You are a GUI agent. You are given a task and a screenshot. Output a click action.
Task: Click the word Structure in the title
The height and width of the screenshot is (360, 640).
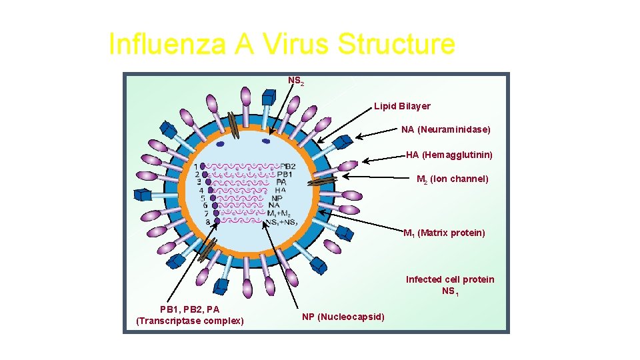coord(397,45)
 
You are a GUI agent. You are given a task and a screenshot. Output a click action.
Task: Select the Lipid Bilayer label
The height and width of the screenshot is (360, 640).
coord(402,106)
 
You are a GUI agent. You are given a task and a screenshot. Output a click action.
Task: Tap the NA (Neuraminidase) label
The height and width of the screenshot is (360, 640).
coord(445,129)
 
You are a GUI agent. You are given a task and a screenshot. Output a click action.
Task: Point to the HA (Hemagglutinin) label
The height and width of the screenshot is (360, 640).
coord(449,155)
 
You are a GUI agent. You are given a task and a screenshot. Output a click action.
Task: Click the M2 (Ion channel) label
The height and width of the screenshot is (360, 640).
coord(452,179)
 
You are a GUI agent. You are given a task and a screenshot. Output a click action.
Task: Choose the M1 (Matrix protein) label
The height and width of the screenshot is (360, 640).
coord(444,233)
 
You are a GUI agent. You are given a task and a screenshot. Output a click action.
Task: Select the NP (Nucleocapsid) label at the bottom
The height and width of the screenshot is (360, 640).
coord(343,316)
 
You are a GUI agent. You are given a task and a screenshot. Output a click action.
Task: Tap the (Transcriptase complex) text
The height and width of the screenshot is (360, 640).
coord(189,321)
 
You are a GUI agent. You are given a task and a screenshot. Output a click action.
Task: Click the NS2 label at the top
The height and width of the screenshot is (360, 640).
coord(295,81)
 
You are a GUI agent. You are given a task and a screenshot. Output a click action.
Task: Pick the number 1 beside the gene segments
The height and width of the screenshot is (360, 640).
coord(196,167)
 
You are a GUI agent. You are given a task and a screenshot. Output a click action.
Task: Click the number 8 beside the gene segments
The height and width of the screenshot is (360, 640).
coord(208,221)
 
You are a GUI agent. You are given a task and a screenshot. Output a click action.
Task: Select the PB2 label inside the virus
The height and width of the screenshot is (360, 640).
coord(287,166)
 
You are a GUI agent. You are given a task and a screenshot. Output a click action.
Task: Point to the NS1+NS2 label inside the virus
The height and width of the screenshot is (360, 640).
coord(281,222)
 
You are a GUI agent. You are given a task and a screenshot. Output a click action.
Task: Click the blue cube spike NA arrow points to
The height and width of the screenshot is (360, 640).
coord(343,141)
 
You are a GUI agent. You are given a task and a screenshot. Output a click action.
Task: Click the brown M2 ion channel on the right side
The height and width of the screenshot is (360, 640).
coord(323,180)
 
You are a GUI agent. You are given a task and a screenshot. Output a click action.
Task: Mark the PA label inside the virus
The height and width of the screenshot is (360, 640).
coord(281,182)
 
